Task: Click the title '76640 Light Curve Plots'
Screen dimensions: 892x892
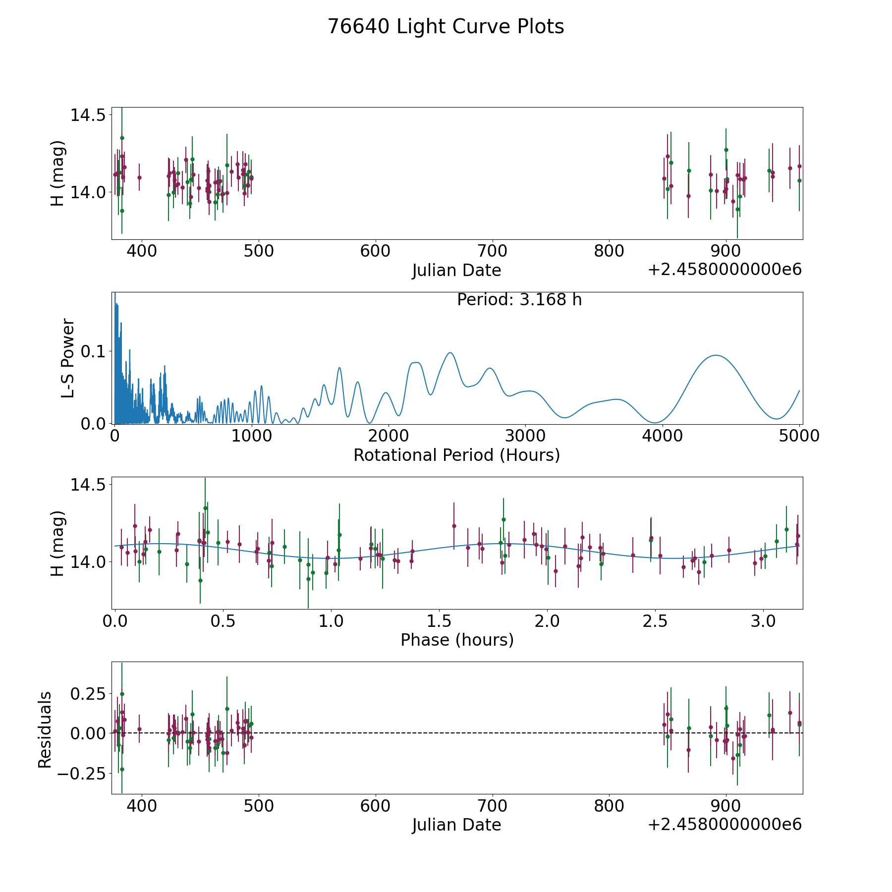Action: click(x=446, y=27)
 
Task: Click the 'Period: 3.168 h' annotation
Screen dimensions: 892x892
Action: click(x=519, y=300)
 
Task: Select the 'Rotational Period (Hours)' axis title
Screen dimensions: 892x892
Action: click(x=456, y=455)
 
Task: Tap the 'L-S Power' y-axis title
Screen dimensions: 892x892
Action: click(x=68, y=358)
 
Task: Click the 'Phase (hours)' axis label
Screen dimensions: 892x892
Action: click(x=457, y=640)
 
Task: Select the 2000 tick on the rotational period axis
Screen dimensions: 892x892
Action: click(x=389, y=436)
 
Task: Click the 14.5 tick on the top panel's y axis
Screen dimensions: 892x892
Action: click(x=88, y=115)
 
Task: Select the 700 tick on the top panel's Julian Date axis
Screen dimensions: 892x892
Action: click(x=492, y=251)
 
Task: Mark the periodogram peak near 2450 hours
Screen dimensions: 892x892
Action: click(x=450, y=353)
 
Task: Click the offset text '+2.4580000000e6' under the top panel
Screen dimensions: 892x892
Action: click(x=725, y=270)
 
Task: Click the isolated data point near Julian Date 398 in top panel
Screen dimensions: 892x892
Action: click(x=139, y=177)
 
